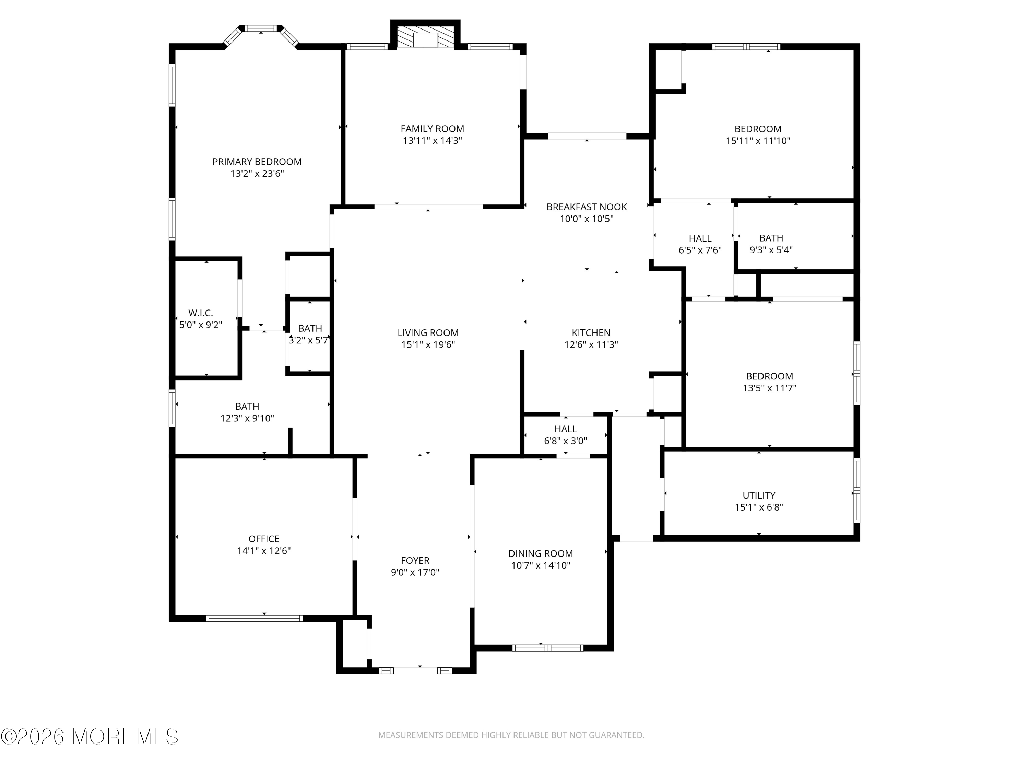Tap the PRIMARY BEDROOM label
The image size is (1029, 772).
257,162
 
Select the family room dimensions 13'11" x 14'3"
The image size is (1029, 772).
432,141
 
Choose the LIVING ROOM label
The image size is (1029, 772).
428,333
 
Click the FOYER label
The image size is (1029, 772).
415,560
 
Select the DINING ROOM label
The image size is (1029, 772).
541,553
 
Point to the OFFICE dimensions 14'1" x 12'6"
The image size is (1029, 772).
264,550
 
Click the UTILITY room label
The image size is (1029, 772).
759,495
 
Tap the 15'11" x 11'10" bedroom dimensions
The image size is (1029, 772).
758,141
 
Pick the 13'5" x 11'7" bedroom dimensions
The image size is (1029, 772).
769,388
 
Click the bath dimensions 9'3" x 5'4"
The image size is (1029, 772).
771,250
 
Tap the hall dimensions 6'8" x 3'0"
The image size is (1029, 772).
566,441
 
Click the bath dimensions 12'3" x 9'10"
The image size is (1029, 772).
247,418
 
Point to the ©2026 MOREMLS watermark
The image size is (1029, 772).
90,737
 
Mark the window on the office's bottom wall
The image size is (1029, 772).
254,618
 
